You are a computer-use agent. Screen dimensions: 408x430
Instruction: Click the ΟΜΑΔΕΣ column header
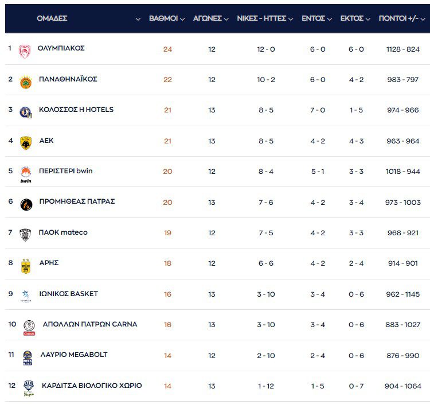coord(52,18)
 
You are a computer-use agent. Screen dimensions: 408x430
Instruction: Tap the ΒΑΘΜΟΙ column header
coord(163,18)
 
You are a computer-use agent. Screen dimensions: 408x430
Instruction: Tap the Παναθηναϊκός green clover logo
coord(25,81)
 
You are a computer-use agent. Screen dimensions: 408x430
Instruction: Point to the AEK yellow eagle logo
coord(25,142)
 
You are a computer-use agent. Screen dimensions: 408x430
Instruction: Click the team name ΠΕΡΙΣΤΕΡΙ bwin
coord(65,171)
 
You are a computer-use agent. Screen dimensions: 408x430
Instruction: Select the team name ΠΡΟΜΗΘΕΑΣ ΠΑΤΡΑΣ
coord(77,201)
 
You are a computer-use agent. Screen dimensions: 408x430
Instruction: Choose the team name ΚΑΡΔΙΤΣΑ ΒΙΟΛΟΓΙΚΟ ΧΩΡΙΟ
coord(92,386)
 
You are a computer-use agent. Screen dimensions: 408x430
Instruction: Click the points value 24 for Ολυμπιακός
coord(167,49)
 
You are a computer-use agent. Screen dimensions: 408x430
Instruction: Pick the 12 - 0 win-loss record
coord(266,49)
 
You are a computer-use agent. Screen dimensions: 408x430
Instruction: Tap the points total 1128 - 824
coord(403,49)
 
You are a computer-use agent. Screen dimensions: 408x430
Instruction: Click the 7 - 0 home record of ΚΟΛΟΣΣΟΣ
coord(318,110)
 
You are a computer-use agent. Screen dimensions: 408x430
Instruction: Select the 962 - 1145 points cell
coord(403,294)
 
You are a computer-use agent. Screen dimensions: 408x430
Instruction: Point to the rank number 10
coord(12,324)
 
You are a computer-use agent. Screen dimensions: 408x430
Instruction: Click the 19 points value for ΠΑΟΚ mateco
coord(167,233)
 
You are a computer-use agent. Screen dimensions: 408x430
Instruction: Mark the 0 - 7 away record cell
coord(356,386)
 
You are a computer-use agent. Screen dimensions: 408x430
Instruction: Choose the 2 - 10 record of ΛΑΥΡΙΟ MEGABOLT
coord(266,356)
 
